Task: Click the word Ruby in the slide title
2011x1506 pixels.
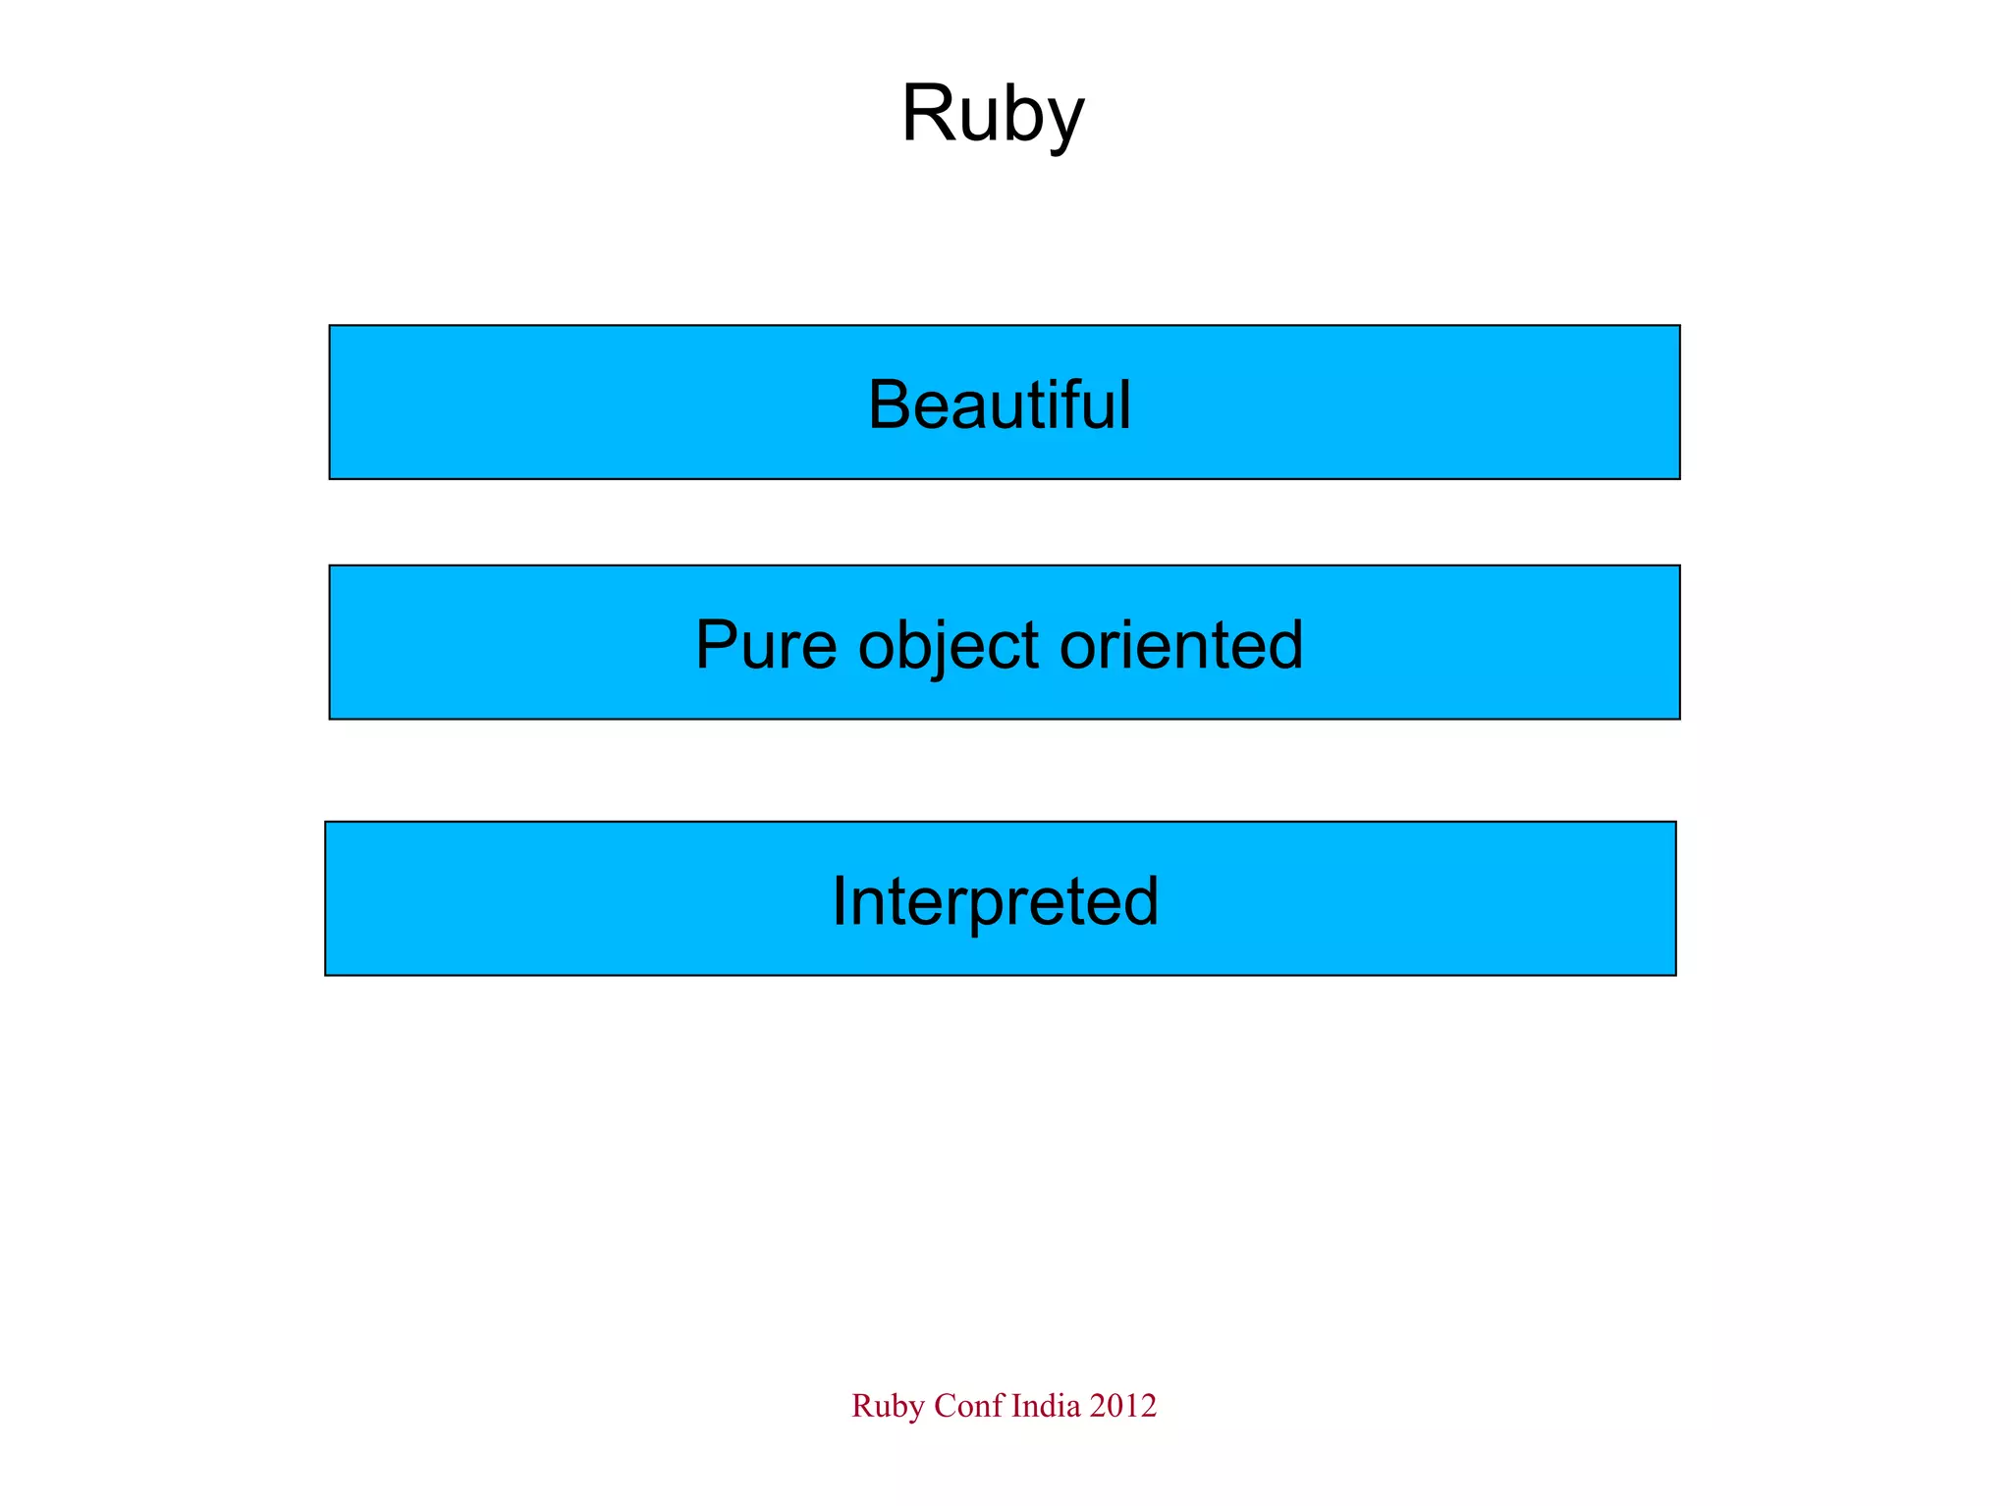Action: (992, 114)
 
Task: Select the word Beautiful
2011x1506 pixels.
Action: (1000, 403)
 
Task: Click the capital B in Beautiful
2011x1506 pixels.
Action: (889, 404)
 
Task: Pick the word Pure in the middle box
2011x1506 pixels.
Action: (766, 645)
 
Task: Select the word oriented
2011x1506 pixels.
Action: (1181, 645)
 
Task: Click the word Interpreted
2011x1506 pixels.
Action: (995, 901)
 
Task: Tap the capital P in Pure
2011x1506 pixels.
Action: (717, 645)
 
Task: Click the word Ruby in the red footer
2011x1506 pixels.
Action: (888, 1406)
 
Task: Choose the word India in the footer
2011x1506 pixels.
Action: (1046, 1406)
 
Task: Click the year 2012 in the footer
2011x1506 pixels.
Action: (1123, 1406)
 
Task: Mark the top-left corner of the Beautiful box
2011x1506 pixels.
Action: (330, 326)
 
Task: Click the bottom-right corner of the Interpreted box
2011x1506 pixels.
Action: (1675, 975)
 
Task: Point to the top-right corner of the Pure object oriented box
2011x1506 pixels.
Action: (1679, 566)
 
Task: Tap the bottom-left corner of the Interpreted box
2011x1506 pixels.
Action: (326, 975)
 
